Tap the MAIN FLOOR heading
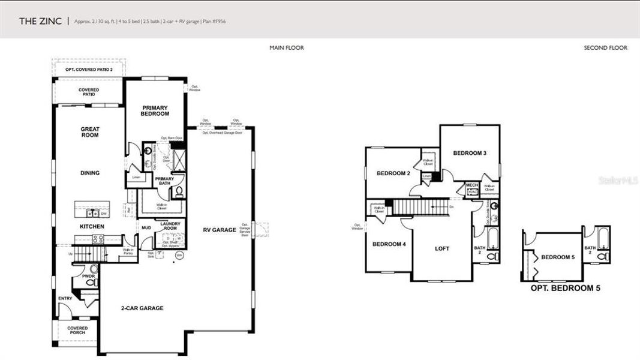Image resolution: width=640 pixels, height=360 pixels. tap(286, 48)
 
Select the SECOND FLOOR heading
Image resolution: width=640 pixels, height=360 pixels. tap(605, 48)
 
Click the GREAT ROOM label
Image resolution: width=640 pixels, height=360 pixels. tap(90, 132)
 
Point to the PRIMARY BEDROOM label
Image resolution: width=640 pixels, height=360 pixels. tap(155, 111)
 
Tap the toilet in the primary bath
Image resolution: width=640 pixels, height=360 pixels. tap(179, 191)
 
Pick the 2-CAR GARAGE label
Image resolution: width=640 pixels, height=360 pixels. tap(143, 308)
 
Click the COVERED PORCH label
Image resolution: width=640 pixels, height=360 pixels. tap(77, 331)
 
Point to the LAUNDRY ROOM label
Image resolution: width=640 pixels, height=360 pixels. tap(170, 226)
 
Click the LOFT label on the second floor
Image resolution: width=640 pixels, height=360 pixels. tap(441, 248)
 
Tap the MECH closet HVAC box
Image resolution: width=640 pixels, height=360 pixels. tap(471, 191)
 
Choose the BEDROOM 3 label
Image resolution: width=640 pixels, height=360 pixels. tap(469, 153)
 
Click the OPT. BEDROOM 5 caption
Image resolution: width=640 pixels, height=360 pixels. tap(565, 288)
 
